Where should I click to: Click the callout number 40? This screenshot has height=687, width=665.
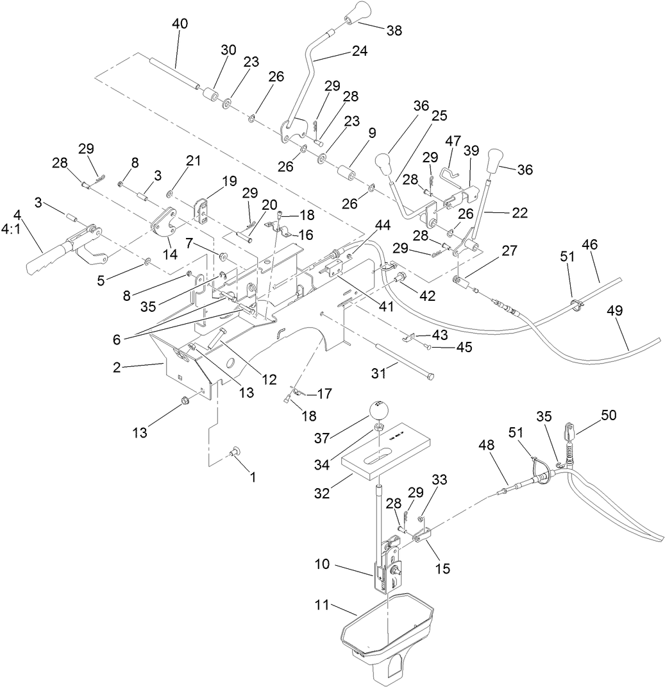[x=180, y=24]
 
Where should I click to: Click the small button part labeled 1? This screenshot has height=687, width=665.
[x=233, y=452]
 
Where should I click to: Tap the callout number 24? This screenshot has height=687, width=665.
[x=360, y=51]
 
